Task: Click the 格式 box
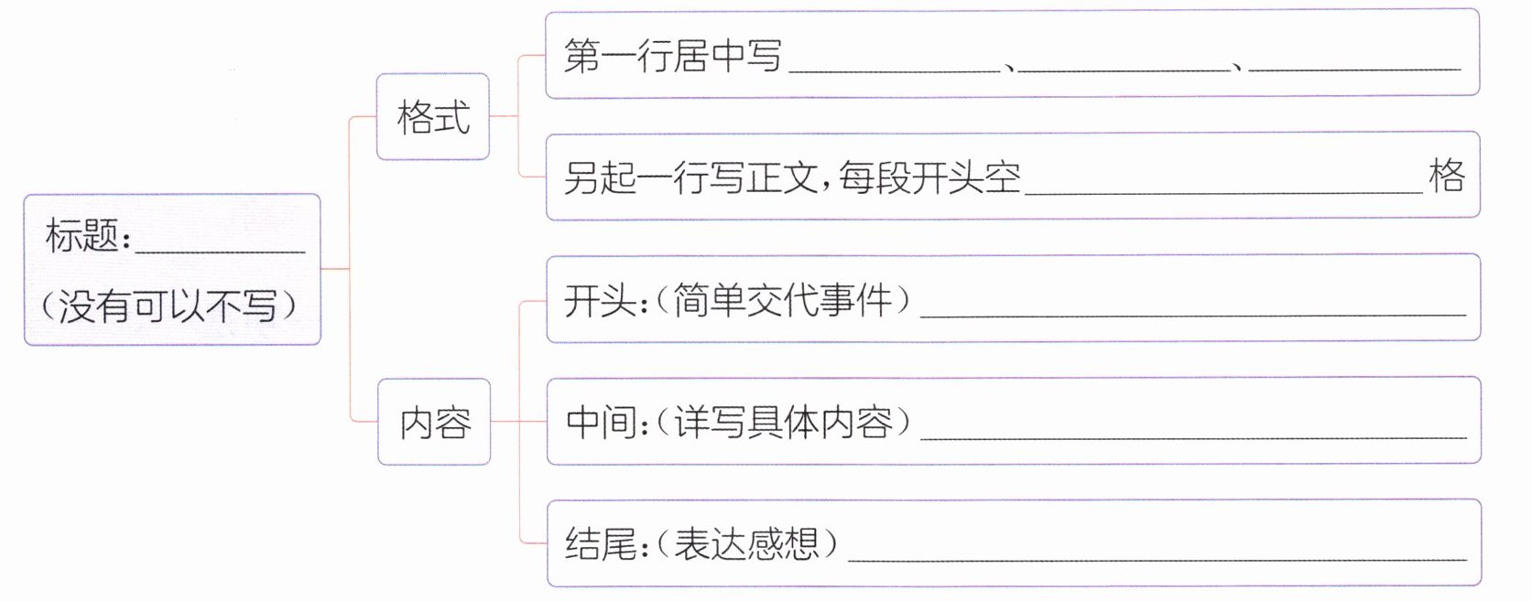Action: (433, 117)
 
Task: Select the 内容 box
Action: (434, 422)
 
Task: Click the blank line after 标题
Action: (220, 245)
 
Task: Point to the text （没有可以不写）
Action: (169, 305)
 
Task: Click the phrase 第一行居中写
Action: (673, 57)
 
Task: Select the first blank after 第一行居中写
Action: (894, 64)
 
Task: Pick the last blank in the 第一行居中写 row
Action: (1353, 64)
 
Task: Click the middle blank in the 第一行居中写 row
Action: (1124, 64)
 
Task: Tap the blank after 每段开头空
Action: (1223, 187)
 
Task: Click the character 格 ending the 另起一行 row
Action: (1447, 175)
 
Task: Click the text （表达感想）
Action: (747, 544)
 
